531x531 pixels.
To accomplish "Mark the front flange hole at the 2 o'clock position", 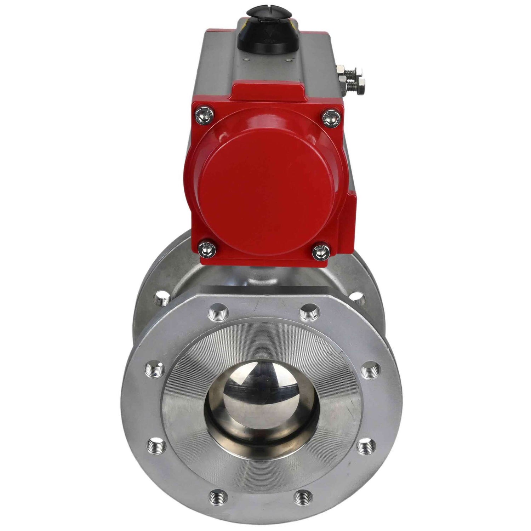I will (372, 369).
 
